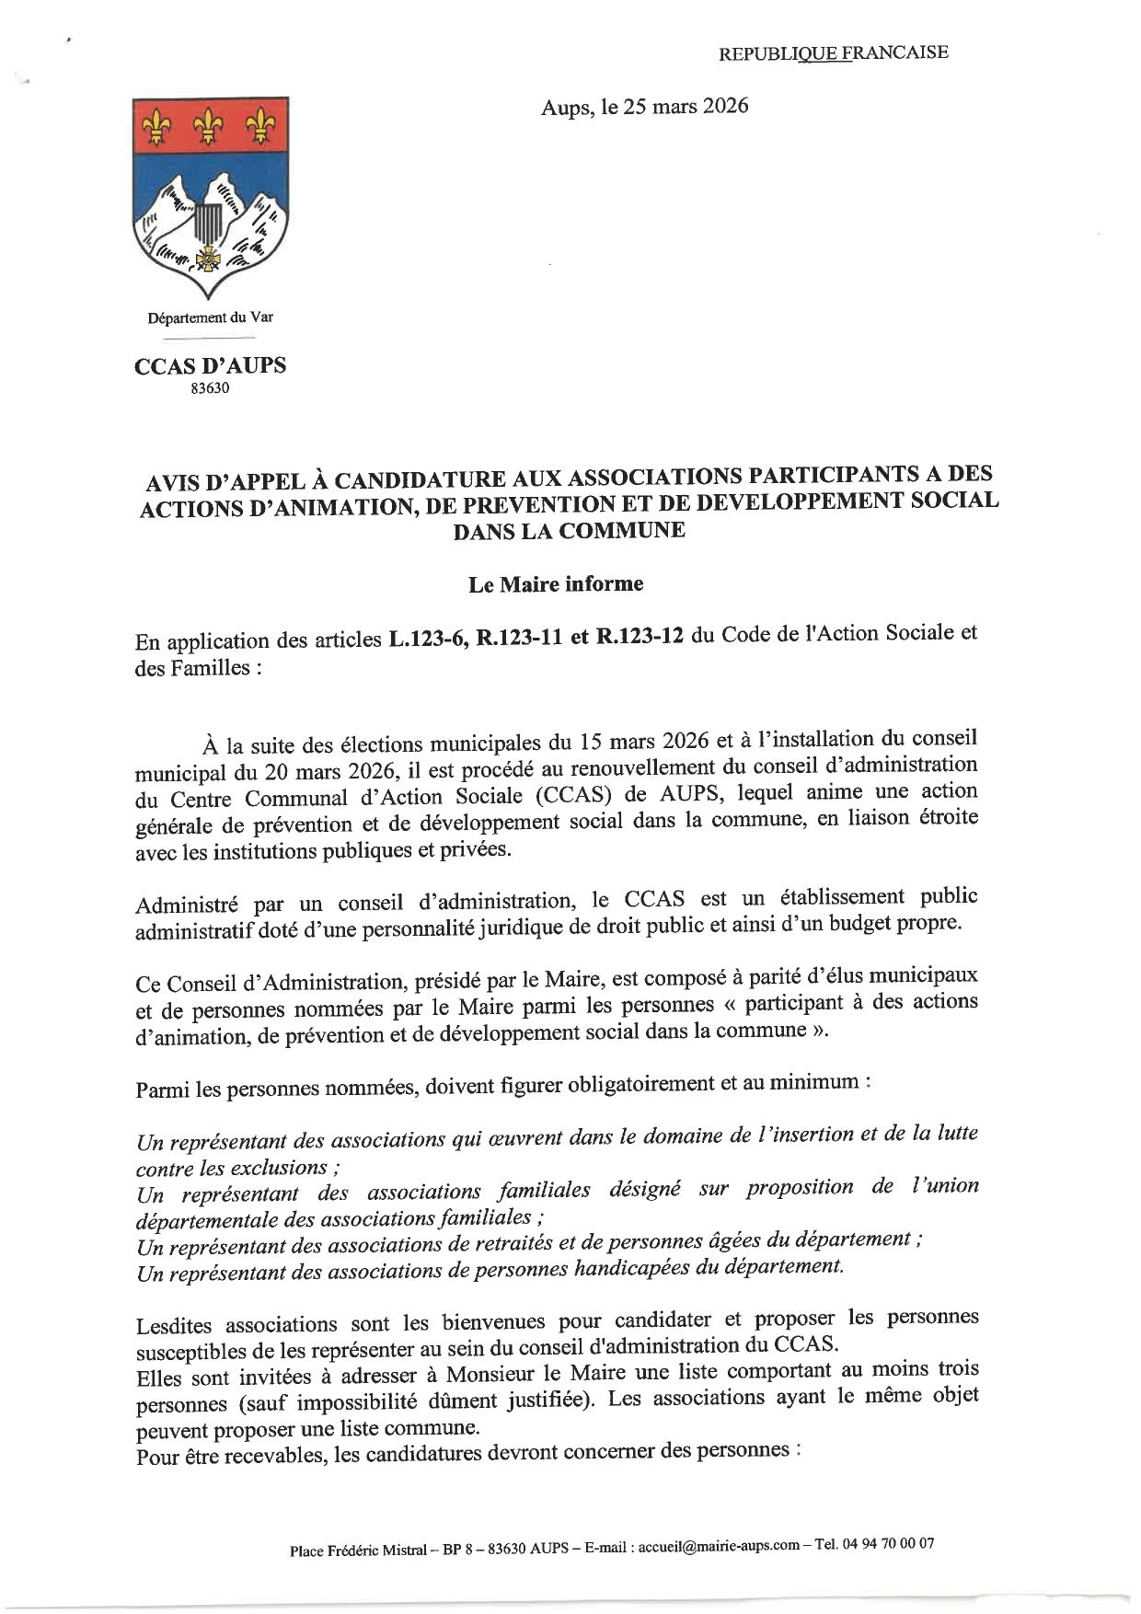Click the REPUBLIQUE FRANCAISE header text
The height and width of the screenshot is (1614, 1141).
(x=833, y=52)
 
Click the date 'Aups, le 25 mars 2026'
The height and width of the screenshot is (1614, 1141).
(x=644, y=107)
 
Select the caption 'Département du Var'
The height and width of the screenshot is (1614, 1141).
(x=211, y=318)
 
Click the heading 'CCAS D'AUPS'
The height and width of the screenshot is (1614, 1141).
(x=211, y=365)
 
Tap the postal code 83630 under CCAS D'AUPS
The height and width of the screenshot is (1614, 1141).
(x=211, y=388)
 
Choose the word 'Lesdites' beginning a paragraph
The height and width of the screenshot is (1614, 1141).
(x=178, y=1325)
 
